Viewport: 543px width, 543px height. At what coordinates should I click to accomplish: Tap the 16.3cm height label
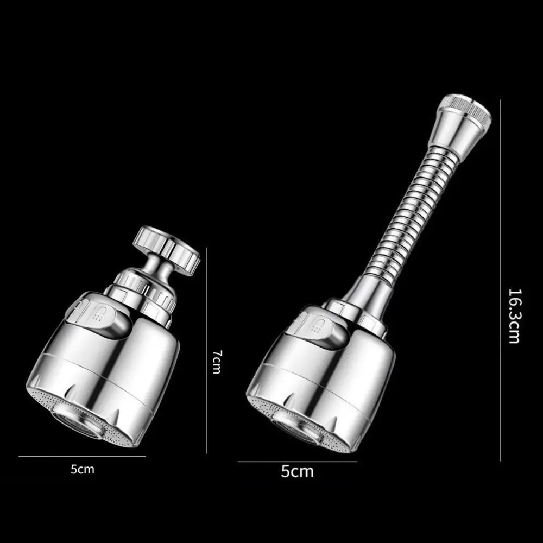[514, 315]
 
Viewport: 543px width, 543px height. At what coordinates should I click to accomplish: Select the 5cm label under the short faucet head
[82, 469]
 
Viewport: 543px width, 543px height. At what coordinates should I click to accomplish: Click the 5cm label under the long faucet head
[297, 471]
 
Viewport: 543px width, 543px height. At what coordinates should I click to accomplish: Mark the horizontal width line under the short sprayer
[82, 456]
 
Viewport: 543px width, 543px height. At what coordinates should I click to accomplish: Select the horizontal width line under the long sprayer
[297, 462]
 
